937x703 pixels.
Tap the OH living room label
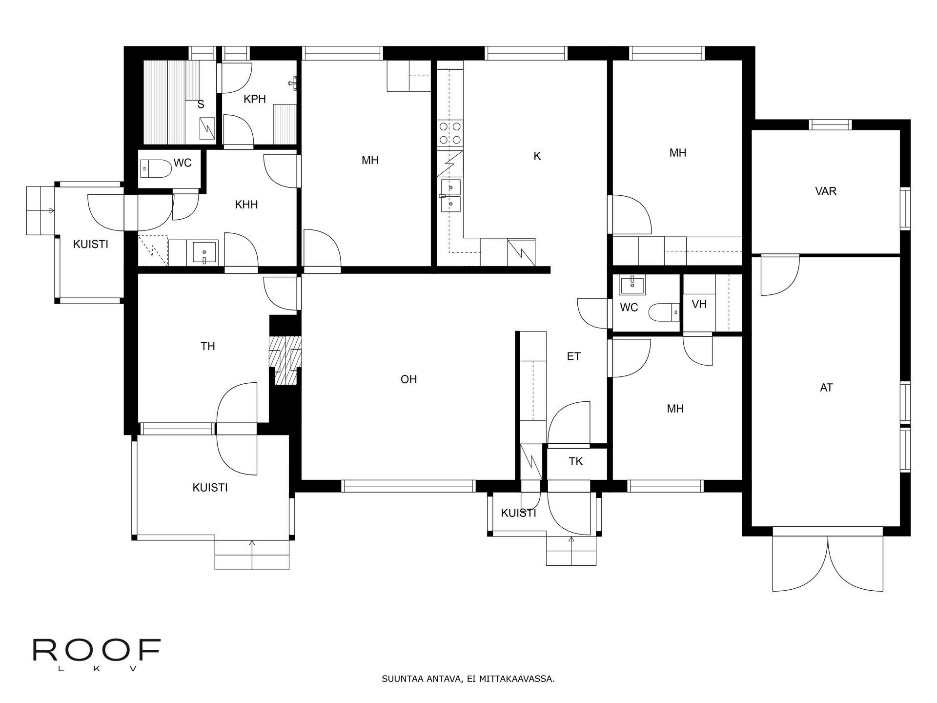click(409, 379)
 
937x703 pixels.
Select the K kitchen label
click(537, 156)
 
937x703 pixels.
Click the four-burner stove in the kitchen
click(450, 133)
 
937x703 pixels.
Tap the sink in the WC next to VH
click(632, 285)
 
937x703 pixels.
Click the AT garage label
click(826, 388)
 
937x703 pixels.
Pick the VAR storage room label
click(826, 191)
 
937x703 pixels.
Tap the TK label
click(576, 461)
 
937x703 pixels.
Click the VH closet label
click(699, 304)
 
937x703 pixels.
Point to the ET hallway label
click(574, 356)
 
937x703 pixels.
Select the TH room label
click(208, 347)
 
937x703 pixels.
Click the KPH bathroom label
click(255, 99)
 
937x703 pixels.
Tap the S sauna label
click(201, 104)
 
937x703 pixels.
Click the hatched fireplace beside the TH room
click(285, 360)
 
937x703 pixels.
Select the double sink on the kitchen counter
click(450, 196)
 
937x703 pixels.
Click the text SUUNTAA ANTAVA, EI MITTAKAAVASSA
click(468, 679)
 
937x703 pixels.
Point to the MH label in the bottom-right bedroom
click(675, 409)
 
